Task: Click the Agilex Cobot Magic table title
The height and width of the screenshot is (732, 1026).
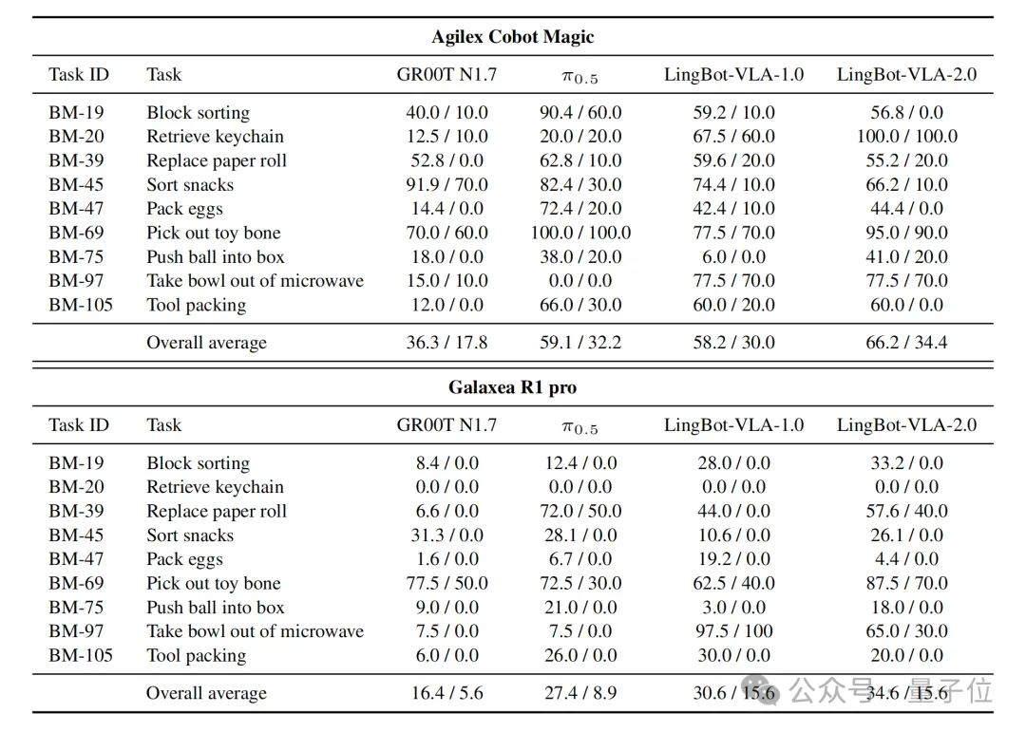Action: coord(512,37)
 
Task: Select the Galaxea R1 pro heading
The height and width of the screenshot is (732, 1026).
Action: coord(512,387)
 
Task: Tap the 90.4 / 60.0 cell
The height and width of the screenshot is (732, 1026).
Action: coord(580,113)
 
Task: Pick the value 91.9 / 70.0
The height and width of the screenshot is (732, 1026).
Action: coord(446,184)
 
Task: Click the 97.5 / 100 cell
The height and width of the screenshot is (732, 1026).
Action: coord(733,631)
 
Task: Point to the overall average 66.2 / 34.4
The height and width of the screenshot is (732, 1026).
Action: coord(906,342)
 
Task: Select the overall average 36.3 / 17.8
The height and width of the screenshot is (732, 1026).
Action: coord(446,342)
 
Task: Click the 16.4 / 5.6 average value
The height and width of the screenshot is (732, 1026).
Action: coord(446,693)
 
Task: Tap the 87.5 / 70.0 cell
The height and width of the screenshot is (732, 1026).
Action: coord(906,583)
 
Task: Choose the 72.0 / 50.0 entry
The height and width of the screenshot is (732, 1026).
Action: coord(580,511)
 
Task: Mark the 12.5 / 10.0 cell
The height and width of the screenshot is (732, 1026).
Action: coord(446,136)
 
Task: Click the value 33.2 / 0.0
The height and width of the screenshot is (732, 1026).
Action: coord(906,463)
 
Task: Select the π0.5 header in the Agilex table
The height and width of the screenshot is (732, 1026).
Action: coord(580,77)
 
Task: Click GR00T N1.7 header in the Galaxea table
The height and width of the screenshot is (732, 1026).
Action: coord(446,425)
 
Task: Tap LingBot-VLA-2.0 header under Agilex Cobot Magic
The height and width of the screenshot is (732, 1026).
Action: coord(906,75)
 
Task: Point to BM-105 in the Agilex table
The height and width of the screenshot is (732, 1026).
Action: coord(81,305)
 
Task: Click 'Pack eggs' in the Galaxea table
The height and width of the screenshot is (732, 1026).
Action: coord(184,560)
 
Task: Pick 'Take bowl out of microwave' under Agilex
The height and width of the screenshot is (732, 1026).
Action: coord(256,281)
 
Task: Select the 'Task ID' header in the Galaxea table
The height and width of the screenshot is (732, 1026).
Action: coord(79,425)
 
